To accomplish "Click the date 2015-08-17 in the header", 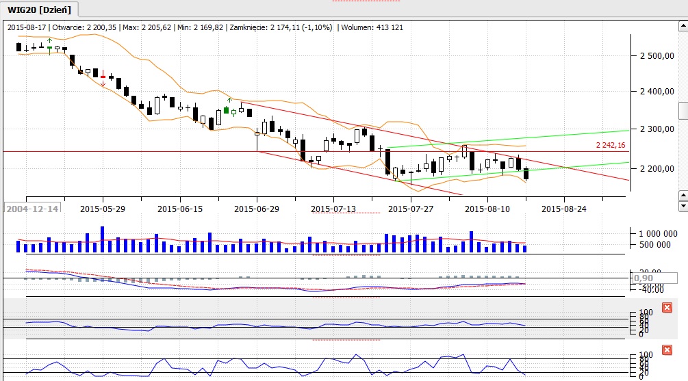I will (28, 27).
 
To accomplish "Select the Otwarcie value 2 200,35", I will (99, 27).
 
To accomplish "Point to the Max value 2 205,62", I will (155, 27).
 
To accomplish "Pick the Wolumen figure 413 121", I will (386, 27).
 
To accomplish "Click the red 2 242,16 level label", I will (611, 145).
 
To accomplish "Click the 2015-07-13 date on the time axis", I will (334, 208).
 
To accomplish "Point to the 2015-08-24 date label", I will (564, 208).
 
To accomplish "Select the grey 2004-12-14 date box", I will (31, 208).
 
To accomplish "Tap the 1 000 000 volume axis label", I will (654, 233).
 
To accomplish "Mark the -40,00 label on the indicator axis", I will (648, 288).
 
